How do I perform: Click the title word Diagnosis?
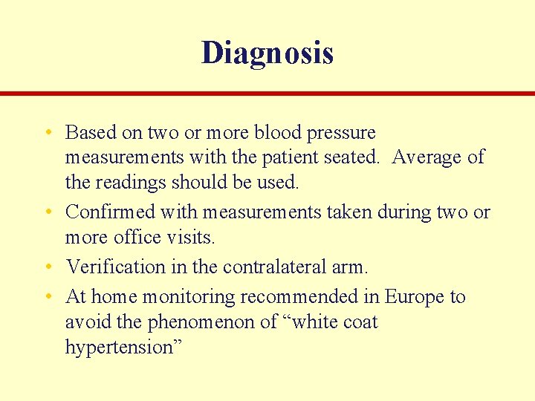pyautogui.click(x=267, y=53)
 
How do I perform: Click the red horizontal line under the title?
pyautogui.click(x=267, y=94)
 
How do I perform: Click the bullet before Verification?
pyautogui.click(x=48, y=266)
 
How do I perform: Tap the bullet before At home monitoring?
pyautogui.click(x=48, y=297)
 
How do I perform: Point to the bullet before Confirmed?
pyautogui.click(x=48, y=212)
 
